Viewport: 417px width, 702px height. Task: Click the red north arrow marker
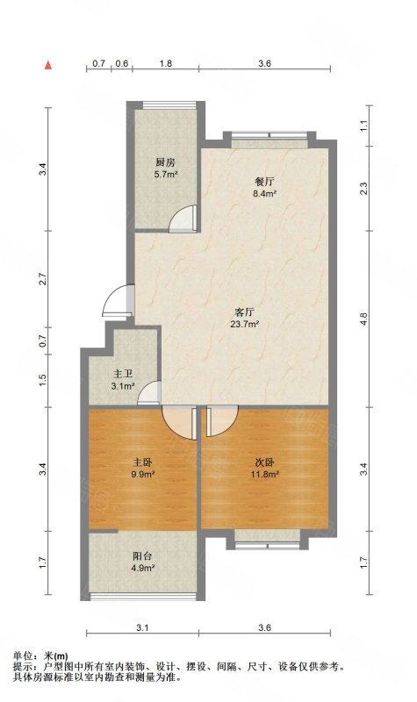[48, 65]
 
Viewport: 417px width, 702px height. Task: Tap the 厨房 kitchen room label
[165, 162]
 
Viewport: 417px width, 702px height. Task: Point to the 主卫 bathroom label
[123, 373]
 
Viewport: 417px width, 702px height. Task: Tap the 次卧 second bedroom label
[264, 462]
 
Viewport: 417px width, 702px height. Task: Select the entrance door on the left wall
[118, 301]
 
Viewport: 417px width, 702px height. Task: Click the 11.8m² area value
[265, 474]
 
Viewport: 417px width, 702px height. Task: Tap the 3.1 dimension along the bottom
[142, 627]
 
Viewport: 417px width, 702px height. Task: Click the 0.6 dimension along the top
[121, 63]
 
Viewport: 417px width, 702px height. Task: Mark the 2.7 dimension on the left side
[42, 280]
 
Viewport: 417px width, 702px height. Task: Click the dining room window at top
[270, 135]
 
